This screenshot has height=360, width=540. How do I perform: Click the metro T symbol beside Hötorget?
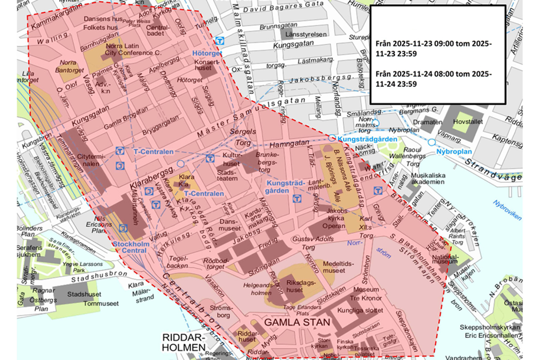(x=219, y=42)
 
